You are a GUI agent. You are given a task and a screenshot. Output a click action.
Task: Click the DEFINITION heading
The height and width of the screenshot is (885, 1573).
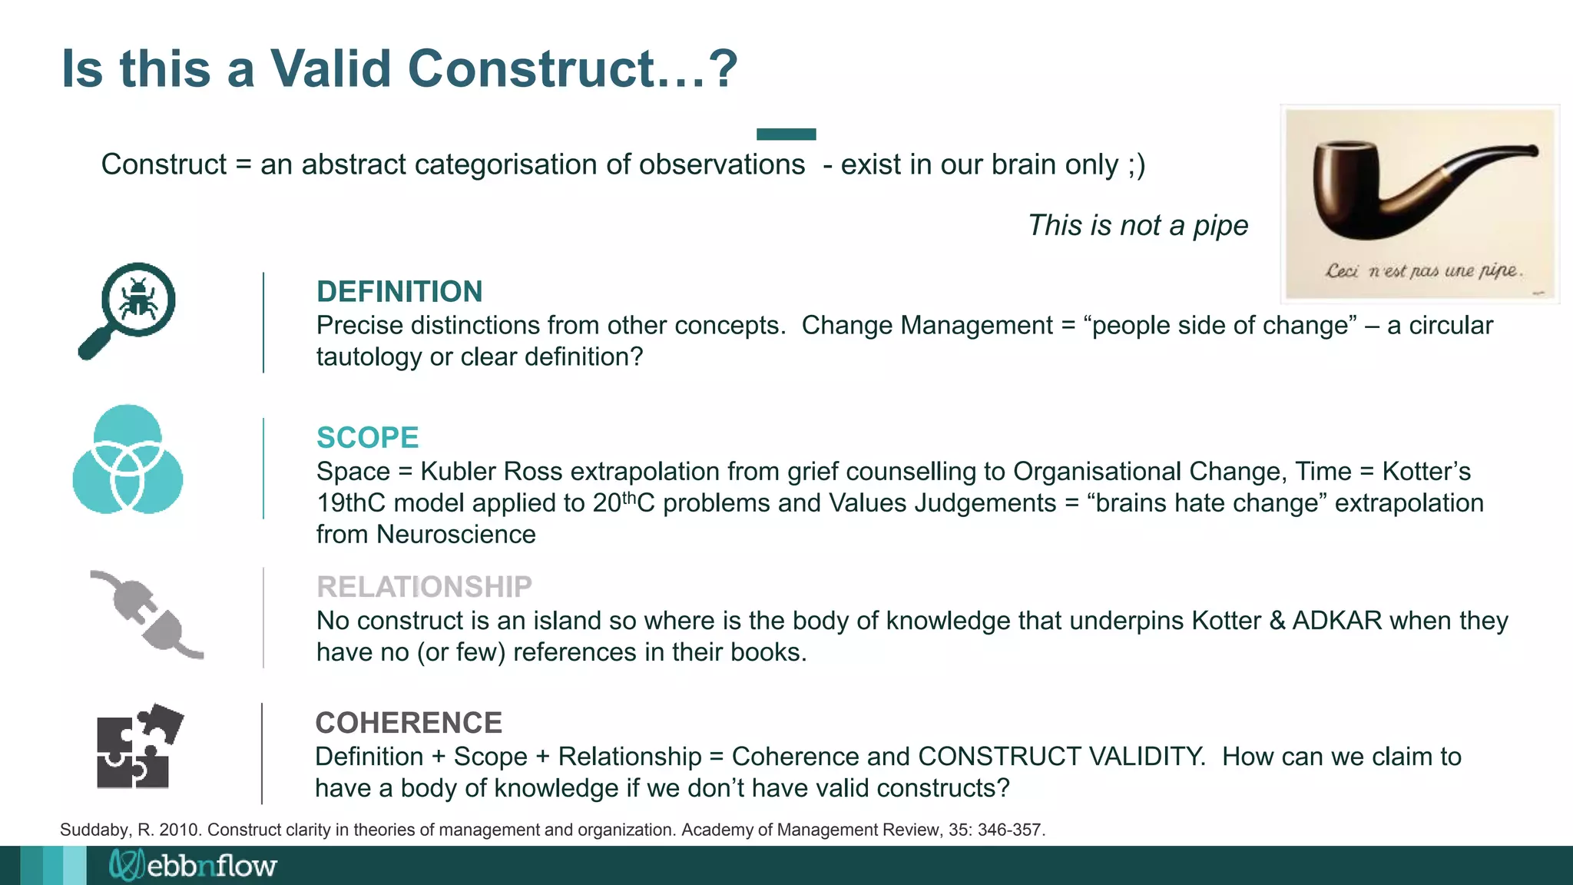point(399,292)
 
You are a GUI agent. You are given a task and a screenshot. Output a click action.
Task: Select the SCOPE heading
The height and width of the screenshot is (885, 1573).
point(367,438)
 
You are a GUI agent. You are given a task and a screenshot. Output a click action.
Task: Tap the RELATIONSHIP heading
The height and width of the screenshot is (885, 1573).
point(424,587)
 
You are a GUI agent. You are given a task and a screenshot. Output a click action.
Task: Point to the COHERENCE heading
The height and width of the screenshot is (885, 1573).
point(409,723)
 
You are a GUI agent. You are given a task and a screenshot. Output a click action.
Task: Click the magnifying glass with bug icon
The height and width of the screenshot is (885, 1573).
point(129,310)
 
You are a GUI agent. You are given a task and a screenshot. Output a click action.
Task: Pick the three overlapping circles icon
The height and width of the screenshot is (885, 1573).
point(127,459)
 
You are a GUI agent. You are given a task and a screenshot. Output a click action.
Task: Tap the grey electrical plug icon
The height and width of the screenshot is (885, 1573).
point(147,615)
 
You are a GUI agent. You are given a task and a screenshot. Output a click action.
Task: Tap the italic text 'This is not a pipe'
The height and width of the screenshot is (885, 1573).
point(1138,226)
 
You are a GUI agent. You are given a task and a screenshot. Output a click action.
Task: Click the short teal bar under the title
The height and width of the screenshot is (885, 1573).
point(786,134)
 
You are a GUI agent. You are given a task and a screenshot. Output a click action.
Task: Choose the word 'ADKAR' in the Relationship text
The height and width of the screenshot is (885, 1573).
point(1337,621)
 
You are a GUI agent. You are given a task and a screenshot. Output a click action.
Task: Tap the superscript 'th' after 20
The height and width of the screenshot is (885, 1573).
point(629,496)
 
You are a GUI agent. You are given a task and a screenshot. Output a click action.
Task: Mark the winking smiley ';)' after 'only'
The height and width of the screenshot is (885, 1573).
point(1136,165)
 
